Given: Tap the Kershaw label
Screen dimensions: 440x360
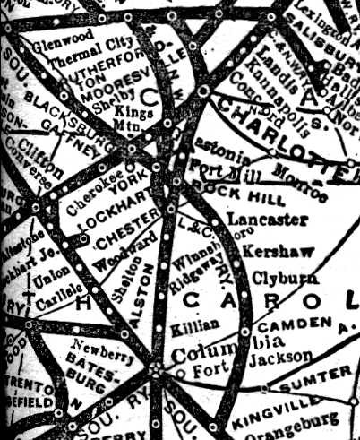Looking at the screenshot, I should pyautogui.click(x=267, y=244).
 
